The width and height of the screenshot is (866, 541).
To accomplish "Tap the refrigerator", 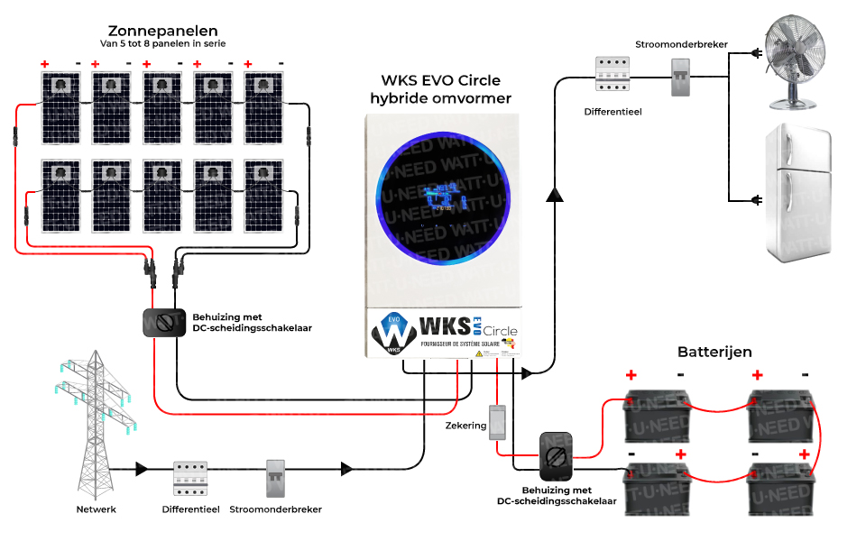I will pos(799,193).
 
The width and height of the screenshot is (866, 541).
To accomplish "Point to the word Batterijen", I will pos(714,352).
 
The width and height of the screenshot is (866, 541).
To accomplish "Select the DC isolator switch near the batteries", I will pos(557,456).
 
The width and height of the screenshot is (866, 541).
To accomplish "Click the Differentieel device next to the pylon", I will pos(190,478).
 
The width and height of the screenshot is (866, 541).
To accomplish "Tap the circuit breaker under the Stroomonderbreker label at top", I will pos(681,77).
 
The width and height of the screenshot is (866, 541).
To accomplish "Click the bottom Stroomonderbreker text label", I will pos(275,509).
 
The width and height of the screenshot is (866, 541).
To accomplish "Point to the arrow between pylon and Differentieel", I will pos(142,469).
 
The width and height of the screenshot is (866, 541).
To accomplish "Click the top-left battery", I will pos(656,412).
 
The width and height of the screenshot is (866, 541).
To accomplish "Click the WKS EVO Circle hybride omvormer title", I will pos(440,89).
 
